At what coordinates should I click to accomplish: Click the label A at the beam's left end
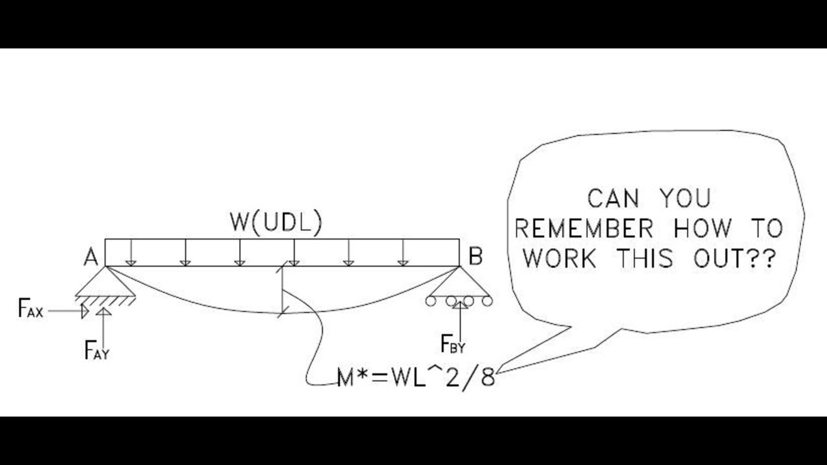pos(90,258)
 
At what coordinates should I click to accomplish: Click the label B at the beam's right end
pos(475,257)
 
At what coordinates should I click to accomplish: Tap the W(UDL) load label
pos(276,223)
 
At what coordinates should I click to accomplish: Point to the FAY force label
pos(96,351)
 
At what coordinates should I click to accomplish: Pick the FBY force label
pos(452,345)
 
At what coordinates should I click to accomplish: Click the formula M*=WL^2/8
pos(416,377)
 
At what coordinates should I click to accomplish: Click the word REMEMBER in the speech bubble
pos(583,229)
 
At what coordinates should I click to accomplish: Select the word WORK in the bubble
pos(560,258)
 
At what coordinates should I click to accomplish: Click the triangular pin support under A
pos(105,282)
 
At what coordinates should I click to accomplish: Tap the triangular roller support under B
pos(459,284)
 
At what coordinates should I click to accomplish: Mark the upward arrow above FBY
pos(460,318)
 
